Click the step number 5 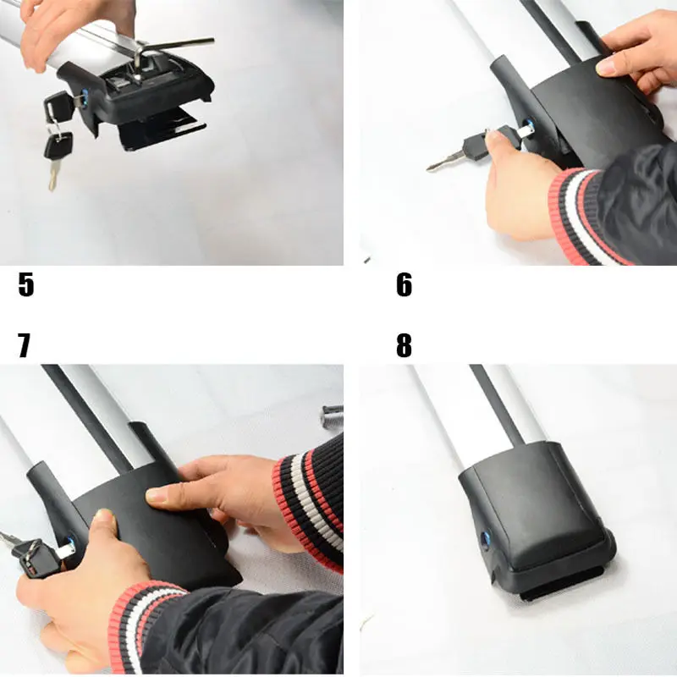26,284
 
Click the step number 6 405,284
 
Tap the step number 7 25,345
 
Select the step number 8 405,345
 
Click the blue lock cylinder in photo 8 485,540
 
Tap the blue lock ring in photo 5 84,97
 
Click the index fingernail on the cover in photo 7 155,495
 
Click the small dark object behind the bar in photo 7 333,416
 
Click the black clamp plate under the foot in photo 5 162,129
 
